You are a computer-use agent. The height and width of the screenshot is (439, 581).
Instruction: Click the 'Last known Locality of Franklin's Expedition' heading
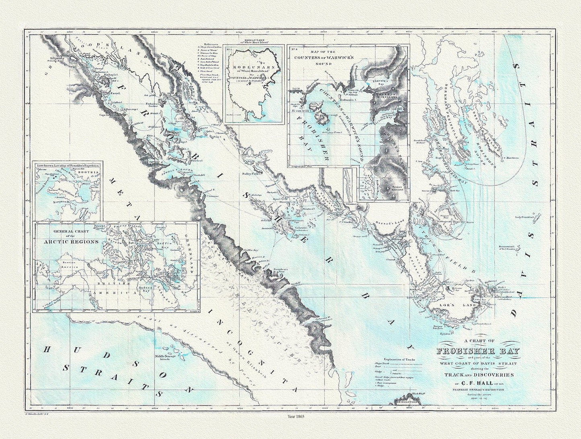coord(67,165)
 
